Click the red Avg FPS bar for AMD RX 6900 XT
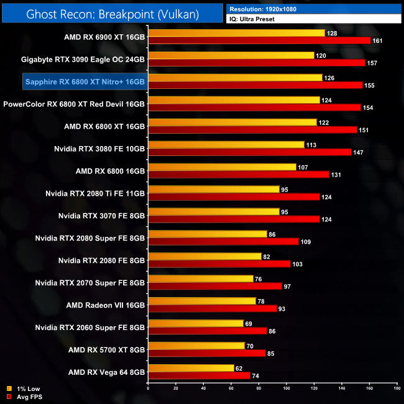[x=259, y=40]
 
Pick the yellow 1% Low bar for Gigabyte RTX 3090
[x=231, y=55]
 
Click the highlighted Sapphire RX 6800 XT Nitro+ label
[x=85, y=81]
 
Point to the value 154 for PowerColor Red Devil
[x=369, y=108]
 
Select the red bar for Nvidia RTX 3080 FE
[x=250, y=152]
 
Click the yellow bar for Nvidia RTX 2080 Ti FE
[x=214, y=190]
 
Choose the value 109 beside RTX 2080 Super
[x=307, y=242]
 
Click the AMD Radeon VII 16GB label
[x=106, y=305]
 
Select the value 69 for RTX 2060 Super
[x=250, y=324]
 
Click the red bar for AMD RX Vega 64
[x=199, y=376]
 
